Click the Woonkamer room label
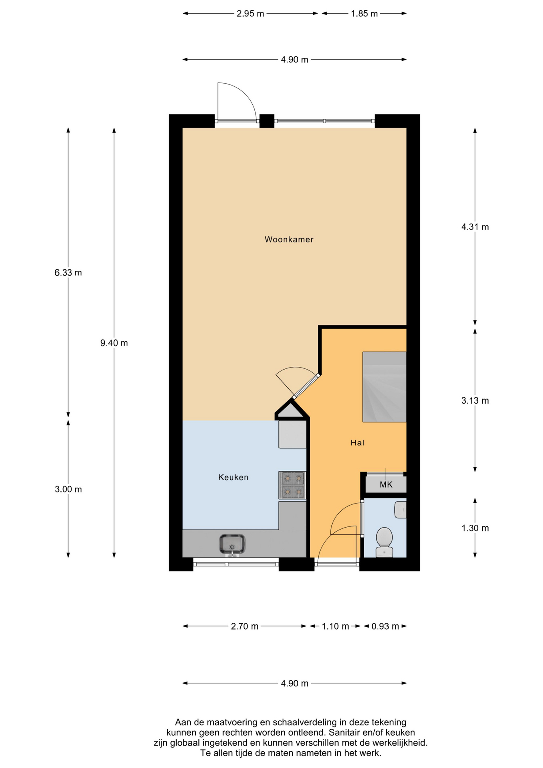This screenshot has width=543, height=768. tap(289, 240)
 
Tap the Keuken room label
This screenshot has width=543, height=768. tap(233, 477)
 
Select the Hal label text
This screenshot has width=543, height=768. tap(357, 443)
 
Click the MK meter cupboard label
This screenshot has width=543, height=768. tap(386, 485)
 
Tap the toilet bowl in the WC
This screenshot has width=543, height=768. tap(384, 542)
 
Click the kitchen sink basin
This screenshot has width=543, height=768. tap(232, 544)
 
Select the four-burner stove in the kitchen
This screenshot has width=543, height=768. tap(292, 485)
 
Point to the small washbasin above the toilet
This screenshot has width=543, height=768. tap(400, 510)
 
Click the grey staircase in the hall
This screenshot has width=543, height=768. tap(384, 387)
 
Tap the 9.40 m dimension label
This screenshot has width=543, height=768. tap(114, 343)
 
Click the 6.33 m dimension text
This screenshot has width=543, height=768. tap(68, 273)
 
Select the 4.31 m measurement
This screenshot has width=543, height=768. tap(475, 227)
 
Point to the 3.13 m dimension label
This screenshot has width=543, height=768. tap(475, 400)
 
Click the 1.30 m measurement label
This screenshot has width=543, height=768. tap(475, 528)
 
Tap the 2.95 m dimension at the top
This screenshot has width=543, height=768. tap(250, 14)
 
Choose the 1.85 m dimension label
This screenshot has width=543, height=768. tap(364, 14)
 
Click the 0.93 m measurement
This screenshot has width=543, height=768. tap(385, 626)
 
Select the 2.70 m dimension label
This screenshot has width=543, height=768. tap(244, 626)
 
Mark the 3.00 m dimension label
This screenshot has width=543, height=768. tap(68, 489)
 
